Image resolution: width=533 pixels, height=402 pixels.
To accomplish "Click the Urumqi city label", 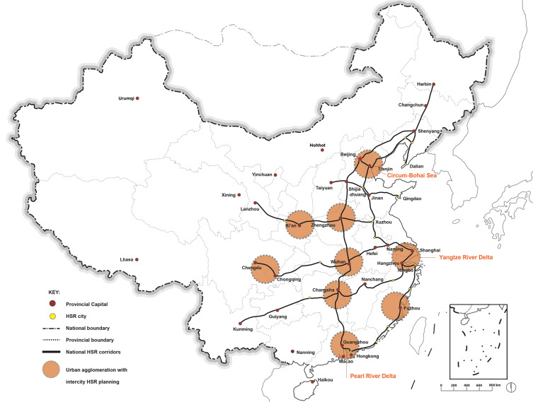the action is (126, 98).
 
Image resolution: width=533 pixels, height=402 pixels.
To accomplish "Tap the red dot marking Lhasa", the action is (137, 259).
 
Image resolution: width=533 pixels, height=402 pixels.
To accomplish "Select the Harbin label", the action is (424, 84).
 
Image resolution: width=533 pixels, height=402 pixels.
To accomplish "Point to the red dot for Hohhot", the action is (322, 150).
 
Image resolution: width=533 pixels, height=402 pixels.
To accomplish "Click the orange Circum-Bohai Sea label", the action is (412, 175).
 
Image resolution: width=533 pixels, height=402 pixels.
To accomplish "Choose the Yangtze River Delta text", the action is (466, 257).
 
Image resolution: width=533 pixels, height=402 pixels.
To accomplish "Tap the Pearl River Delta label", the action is (373, 376).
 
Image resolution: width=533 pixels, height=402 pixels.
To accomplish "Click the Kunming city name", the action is (243, 329).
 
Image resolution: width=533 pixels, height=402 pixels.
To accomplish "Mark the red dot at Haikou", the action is (312, 382).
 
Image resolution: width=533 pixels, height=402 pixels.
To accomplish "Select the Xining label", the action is (229, 195).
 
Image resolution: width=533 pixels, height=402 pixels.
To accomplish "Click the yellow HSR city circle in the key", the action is (52, 317).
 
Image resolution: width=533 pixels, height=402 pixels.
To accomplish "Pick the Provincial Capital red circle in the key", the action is (52, 304).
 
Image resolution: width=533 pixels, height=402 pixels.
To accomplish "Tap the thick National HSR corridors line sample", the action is (52, 352).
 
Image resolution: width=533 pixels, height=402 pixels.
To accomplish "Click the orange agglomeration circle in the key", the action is (52, 369).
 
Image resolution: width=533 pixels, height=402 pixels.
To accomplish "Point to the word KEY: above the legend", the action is (54, 292).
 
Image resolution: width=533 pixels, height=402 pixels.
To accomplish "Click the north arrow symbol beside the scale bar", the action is (512, 387).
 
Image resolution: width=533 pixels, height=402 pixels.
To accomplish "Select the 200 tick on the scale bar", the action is (454, 385).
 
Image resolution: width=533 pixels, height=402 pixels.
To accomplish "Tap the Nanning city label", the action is (305, 352).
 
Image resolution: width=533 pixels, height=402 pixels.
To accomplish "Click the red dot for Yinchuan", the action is (275, 175).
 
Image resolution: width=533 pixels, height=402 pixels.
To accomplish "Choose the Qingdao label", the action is (412, 199).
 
